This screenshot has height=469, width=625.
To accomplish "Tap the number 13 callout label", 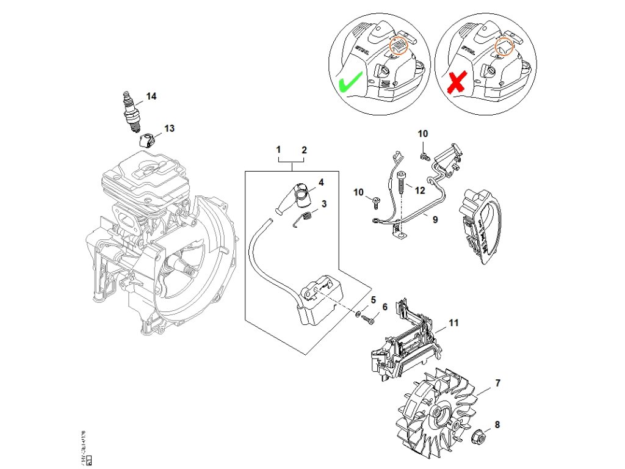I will (169, 128).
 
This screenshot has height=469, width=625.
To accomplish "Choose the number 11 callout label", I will (453, 322).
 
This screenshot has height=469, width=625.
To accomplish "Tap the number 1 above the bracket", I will (278, 149).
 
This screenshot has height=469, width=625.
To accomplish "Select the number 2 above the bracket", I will (304, 149).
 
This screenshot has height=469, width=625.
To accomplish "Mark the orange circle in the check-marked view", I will (398, 45).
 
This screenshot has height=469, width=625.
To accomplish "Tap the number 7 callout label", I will (498, 383).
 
